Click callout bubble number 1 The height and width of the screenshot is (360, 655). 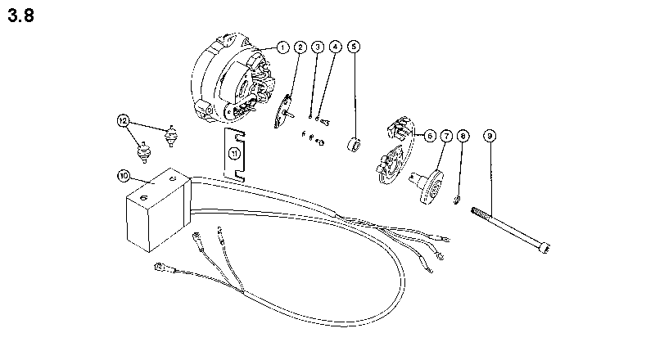tap(282, 47)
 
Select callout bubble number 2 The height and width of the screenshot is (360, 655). tap(300, 47)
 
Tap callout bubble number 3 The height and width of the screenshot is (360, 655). tap(318, 47)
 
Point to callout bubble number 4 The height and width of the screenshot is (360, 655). tap(335, 47)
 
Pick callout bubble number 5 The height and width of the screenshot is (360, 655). tap(353, 47)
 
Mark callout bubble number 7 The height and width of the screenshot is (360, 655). tap(446, 136)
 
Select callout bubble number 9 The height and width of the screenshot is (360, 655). tap(490, 136)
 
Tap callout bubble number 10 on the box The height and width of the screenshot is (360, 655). tap(124, 175)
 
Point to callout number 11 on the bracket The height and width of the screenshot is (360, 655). tap(234, 153)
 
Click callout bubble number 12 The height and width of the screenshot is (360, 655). tap(124, 121)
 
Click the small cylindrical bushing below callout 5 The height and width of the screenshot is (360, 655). tap(355, 146)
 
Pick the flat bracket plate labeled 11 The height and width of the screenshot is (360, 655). tap(235, 152)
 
